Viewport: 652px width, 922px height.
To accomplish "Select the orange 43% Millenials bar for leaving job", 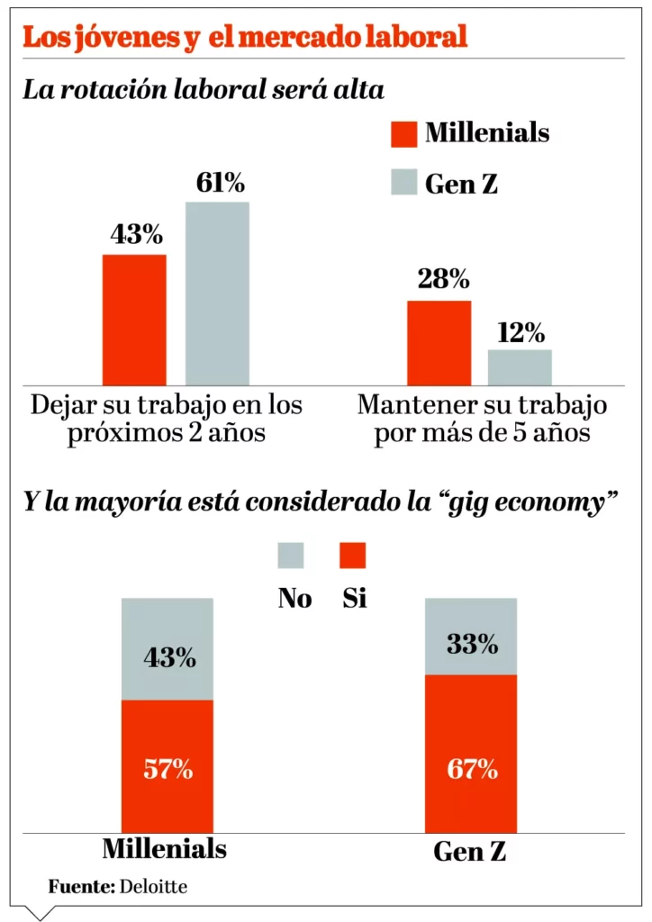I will (x=134, y=320).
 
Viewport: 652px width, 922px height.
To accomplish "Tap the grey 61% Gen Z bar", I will (x=217, y=294).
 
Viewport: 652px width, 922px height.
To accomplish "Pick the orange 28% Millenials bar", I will (x=439, y=343).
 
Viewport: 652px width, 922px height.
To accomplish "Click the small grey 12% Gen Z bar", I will (x=520, y=367).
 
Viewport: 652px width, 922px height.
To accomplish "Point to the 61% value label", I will (x=220, y=184).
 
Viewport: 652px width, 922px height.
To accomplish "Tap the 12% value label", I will (x=521, y=333).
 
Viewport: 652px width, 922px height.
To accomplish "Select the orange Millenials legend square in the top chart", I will (x=403, y=133).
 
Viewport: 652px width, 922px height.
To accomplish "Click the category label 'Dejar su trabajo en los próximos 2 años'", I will (x=167, y=418).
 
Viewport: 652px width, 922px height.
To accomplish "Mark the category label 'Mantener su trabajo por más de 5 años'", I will (x=482, y=418).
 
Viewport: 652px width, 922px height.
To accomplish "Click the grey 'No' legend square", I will (x=291, y=555).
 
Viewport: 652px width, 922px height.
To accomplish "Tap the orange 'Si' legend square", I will (x=353, y=555).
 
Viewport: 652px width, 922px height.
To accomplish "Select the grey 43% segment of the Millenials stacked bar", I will (x=168, y=649).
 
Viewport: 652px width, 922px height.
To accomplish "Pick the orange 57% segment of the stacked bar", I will (x=168, y=766).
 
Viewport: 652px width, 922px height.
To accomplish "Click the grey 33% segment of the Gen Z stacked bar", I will (x=471, y=637).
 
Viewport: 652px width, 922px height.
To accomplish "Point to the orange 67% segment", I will (x=471, y=754).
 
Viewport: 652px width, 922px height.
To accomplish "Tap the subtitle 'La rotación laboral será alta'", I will (x=204, y=90).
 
